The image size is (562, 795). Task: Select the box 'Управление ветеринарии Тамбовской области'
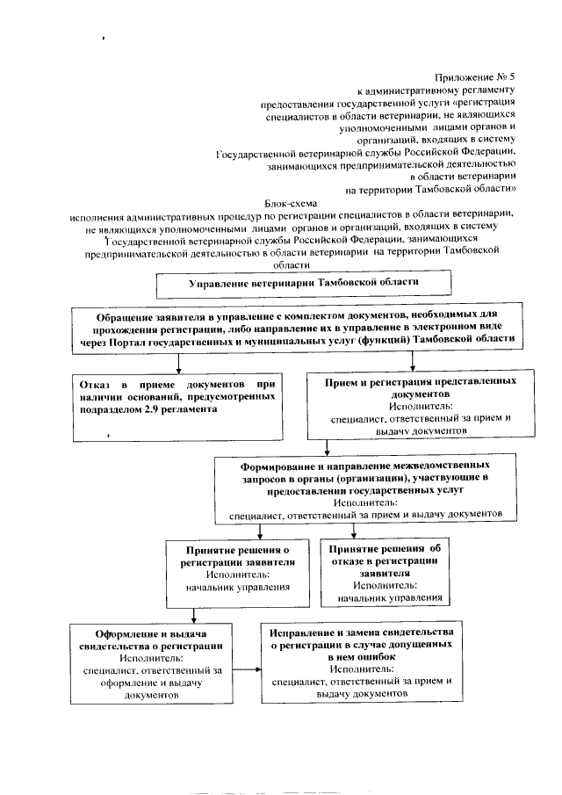[304, 284]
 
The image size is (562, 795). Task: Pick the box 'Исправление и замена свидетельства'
[362, 661]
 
